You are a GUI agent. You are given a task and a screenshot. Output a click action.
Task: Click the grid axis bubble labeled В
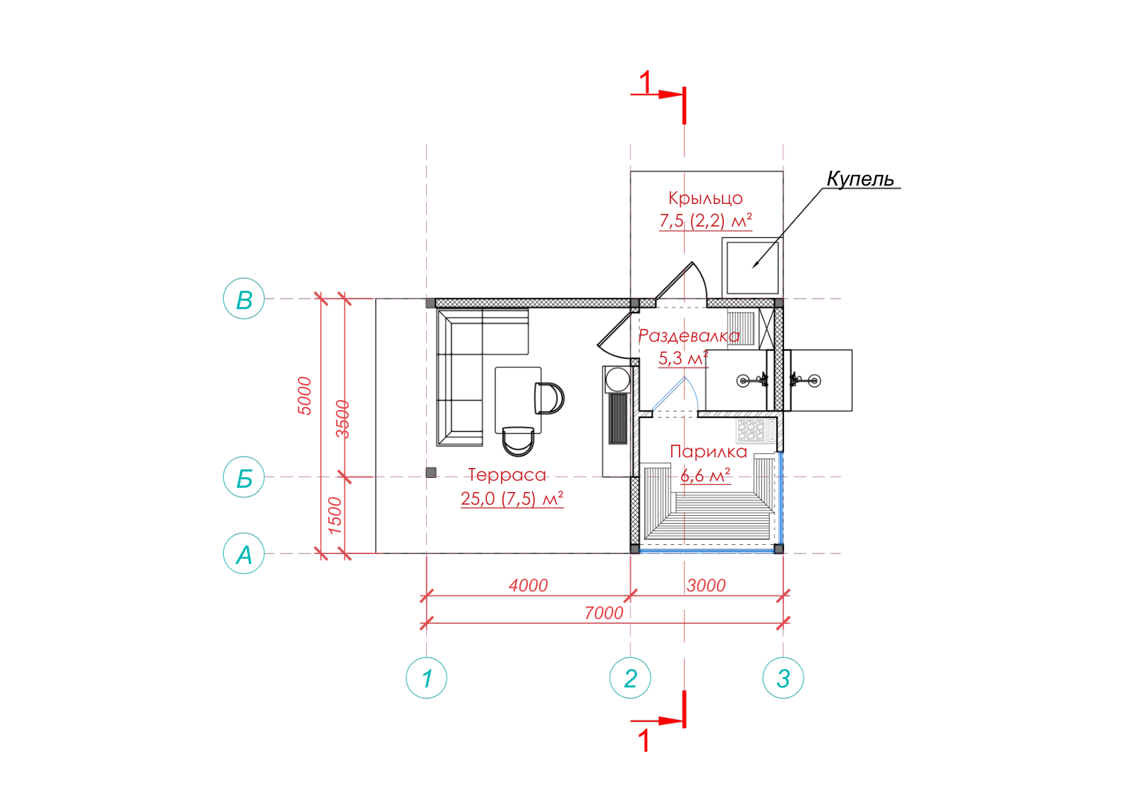pyautogui.click(x=244, y=299)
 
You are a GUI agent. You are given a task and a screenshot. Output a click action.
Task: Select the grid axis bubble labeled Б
pyautogui.click(x=244, y=477)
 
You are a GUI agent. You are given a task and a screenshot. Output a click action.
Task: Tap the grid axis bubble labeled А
pyautogui.click(x=244, y=553)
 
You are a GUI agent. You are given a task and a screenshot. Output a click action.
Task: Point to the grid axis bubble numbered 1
pyautogui.click(x=426, y=678)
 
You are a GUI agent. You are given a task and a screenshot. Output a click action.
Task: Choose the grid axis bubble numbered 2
pyautogui.click(x=630, y=678)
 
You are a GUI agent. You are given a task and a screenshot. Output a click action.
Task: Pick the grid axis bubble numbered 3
pyautogui.click(x=783, y=678)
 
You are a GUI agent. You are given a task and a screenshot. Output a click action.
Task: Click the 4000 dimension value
pyautogui.click(x=529, y=585)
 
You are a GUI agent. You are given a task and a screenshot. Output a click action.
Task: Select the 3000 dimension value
pyautogui.click(x=706, y=585)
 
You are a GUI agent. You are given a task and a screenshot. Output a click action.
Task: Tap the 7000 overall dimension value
pyautogui.click(x=604, y=613)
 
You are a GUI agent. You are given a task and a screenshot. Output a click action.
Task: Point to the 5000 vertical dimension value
pyautogui.click(x=304, y=396)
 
